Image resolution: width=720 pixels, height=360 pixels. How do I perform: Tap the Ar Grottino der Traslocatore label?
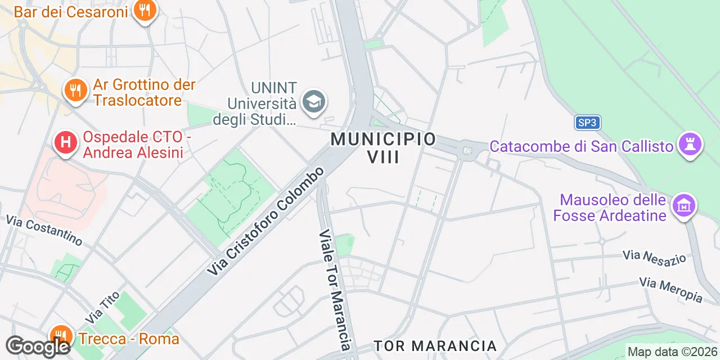pyautogui.click(x=144, y=93)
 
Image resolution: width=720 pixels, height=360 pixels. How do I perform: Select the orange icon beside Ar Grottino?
pyautogui.click(x=74, y=90)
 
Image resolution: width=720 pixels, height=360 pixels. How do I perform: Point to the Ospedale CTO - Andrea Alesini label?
pyautogui.click(x=133, y=145)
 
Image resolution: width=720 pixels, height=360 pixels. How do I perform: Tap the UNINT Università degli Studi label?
pyautogui.click(x=262, y=103)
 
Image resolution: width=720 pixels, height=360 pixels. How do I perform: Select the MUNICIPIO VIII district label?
pyautogui.click(x=384, y=147)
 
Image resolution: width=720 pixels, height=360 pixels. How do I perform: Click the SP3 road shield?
pyautogui.click(x=588, y=123)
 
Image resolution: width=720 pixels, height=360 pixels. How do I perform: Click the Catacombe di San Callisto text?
pyautogui.click(x=581, y=147)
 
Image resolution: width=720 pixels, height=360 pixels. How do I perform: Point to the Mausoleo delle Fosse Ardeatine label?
pyautogui.click(x=613, y=208)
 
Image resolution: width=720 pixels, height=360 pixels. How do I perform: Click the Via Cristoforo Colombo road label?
pyautogui.click(x=266, y=221)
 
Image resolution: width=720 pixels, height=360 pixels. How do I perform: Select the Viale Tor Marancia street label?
pyautogui.click(x=335, y=290)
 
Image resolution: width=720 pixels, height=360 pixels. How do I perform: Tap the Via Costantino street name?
pyautogui.click(x=44, y=229)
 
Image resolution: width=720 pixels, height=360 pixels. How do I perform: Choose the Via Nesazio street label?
pyautogui.click(x=654, y=256)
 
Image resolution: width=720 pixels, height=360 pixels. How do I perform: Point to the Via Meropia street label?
pyautogui.click(x=670, y=289)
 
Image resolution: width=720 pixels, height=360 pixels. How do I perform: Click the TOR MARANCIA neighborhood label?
pyautogui.click(x=435, y=345)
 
